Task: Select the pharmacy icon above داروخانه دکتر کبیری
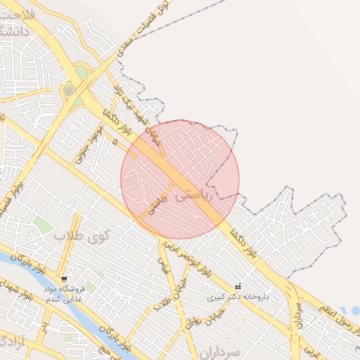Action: click(238, 287)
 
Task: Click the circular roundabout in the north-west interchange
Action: click(68, 90)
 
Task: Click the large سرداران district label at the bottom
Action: click(219, 351)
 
